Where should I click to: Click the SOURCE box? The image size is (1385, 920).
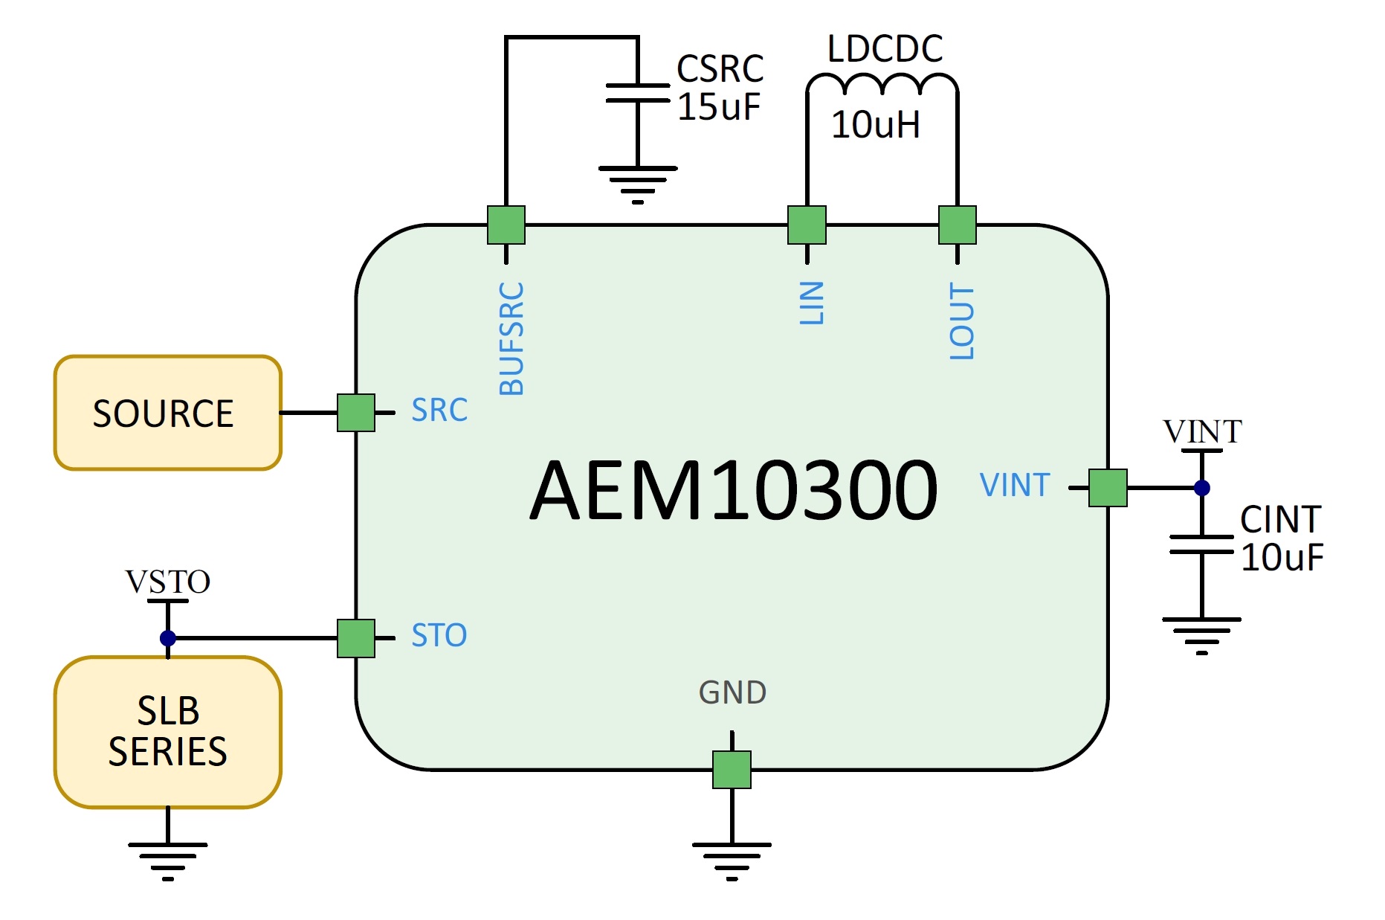[x=168, y=413]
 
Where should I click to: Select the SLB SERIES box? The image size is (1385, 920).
[x=168, y=732]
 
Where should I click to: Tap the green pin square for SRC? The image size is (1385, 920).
[x=356, y=413]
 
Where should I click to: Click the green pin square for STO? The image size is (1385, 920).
[x=356, y=638]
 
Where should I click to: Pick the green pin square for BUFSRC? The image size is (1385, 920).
[x=506, y=225]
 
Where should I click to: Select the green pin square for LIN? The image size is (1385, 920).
[x=807, y=225]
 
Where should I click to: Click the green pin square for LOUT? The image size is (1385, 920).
[x=958, y=225]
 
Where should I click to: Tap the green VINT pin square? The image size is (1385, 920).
[x=1108, y=488]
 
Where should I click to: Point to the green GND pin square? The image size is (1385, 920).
[x=732, y=770]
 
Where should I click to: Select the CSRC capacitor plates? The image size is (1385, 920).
[x=638, y=93]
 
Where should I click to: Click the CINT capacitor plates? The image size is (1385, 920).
[x=1202, y=544]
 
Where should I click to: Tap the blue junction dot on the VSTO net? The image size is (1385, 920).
[x=168, y=638]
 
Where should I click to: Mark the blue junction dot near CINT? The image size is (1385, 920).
[x=1202, y=488]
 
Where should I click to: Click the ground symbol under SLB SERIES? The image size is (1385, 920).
[x=168, y=861]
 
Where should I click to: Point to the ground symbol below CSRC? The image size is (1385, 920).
[x=638, y=184]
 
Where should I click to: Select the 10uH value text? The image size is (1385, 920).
[x=876, y=124]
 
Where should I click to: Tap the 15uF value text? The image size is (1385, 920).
[x=719, y=106]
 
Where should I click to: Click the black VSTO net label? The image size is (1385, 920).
[x=168, y=582]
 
